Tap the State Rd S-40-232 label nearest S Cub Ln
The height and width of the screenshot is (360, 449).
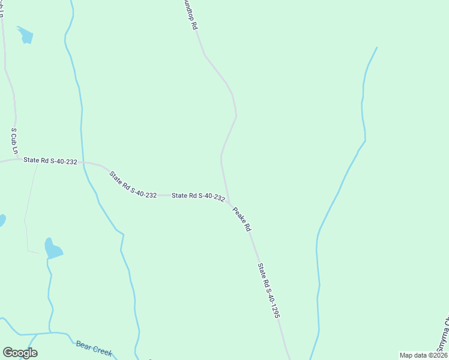click(50, 161)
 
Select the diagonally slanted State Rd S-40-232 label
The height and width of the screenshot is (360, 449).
click(133, 184)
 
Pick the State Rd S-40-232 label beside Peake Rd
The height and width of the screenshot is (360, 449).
click(198, 196)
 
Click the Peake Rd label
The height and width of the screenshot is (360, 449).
click(241, 219)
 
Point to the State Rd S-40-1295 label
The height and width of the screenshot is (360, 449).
click(269, 290)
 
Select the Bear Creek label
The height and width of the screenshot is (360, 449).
click(94, 348)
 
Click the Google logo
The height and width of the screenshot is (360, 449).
click(20, 353)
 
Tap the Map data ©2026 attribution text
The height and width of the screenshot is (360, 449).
click(423, 355)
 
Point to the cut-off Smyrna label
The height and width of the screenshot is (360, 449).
click(443, 339)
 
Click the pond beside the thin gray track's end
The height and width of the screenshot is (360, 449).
click(52, 248)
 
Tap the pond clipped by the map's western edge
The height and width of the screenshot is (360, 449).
click(2, 220)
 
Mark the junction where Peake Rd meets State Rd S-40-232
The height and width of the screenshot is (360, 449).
click(229, 203)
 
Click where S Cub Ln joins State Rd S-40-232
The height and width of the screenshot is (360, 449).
click(16, 160)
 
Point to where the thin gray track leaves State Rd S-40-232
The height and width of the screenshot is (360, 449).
click(37, 163)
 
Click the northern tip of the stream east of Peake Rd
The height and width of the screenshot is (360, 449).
click(376, 47)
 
